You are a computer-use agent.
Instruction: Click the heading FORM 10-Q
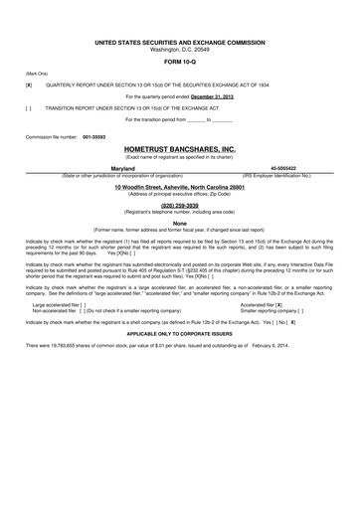[180, 54]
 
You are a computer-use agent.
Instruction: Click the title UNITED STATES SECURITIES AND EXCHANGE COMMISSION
[180, 31]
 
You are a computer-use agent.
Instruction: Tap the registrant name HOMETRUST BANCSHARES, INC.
[180, 148]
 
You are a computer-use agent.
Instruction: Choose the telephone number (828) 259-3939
[180, 205]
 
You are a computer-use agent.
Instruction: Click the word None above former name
[180, 223]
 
